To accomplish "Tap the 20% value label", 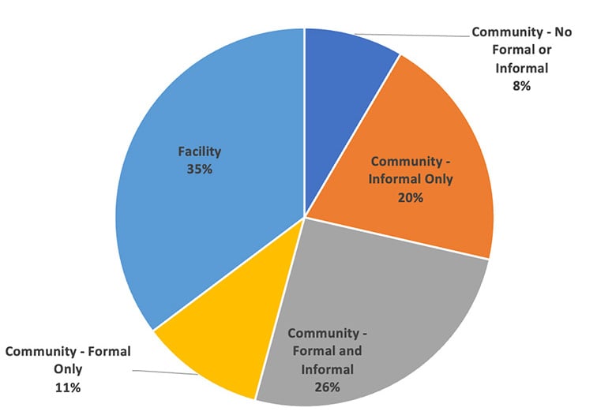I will pos(411,197).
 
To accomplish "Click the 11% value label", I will pos(67,387).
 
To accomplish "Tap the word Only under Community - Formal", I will pos(68,368).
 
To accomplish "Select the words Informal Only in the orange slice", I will pos(411,179).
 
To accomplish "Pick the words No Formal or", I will pos(522,50).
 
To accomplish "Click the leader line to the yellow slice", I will pos(166,372).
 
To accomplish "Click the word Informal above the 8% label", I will pos(521,68).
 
